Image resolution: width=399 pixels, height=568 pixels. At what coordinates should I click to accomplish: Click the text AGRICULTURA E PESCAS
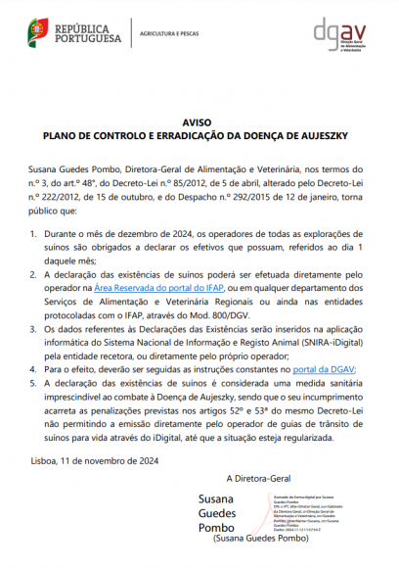point(167,34)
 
